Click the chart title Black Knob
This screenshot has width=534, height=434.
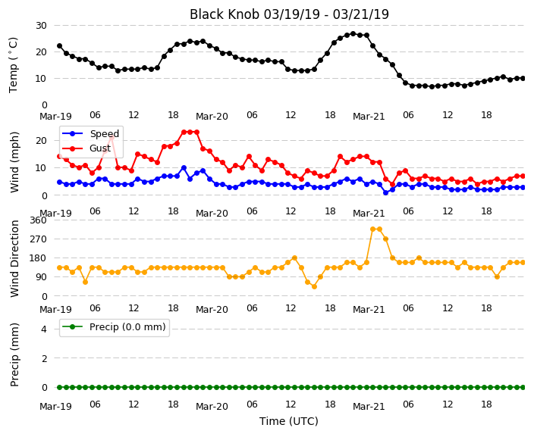[225, 14]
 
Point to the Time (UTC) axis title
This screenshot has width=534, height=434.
[289, 421]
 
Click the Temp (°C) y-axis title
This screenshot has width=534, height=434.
[13, 65]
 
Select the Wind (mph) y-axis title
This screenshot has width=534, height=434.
[14, 162]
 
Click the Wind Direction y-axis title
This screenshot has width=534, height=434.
[14, 259]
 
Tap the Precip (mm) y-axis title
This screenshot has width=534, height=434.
[14, 354]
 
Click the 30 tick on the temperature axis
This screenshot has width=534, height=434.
[41, 26]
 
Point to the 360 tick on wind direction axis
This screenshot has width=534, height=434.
[38, 220]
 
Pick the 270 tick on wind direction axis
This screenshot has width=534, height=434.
[38, 239]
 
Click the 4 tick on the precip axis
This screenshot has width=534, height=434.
[44, 329]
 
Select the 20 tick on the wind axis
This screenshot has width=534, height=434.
[41, 140]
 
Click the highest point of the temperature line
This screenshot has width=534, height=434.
[353, 34]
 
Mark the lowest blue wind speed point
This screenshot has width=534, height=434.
[386, 192]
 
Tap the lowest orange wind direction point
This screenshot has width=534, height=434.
[314, 287]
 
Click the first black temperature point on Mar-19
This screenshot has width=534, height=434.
[60, 46]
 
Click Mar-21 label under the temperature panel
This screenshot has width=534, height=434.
[369, 117]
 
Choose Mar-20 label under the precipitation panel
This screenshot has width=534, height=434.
[212, 407]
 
